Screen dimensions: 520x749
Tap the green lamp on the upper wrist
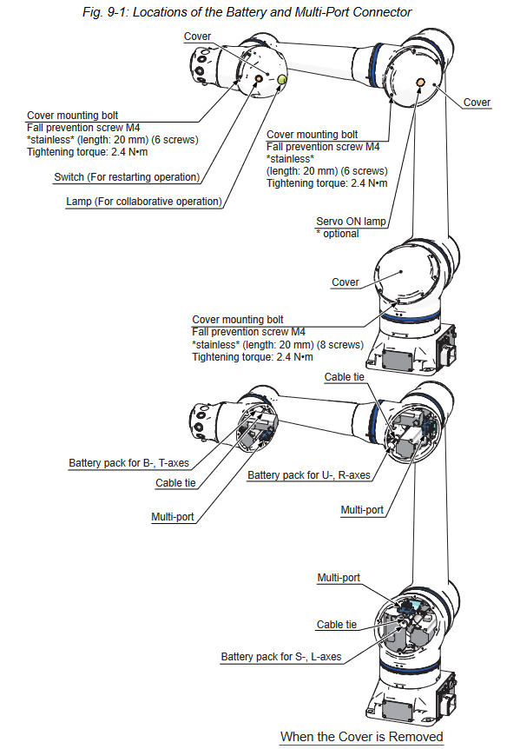pyautogui.click(x=281, y=79)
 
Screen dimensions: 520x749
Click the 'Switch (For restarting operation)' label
pyautogui.click(x=127, y=177)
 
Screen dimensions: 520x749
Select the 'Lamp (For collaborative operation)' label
pyautogui.click(x=144, y=202)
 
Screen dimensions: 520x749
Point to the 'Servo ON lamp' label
pyautogui.click(x=351, y=222)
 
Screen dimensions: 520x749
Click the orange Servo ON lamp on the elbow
pyautogui.click(x=421, y=83)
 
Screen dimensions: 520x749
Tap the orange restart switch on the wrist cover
pyautogui.click(x=259, y=78)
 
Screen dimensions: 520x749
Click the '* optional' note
pyautogui.click(x=338, y=234)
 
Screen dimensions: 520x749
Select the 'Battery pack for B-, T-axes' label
pyautogui.click(x=128, y=463)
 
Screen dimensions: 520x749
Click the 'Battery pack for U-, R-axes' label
pyautogui.click(x=309, y=475)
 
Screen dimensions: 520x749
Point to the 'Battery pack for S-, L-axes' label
pyautogui.click(x=281, y=657)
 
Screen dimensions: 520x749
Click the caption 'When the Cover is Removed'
pyautogui.click(x=362, y=737)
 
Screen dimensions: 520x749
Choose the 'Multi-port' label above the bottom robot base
pyautogui.click(x=339, y=578)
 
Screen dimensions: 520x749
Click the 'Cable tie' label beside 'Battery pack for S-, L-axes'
pyautogui.click(x=337, y=625)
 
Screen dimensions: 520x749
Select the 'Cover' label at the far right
pyautogui.click(x=477, y=103)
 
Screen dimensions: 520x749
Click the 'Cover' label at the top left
pyautogui.click(x=198, y=36)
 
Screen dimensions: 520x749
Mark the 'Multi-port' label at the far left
pyautogui.click(x=173, y=517)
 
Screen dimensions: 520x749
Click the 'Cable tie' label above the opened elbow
pyautogui.click(x=345, y=377)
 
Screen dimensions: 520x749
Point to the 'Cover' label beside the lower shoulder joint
pyautogui.click(x=346, y=282)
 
